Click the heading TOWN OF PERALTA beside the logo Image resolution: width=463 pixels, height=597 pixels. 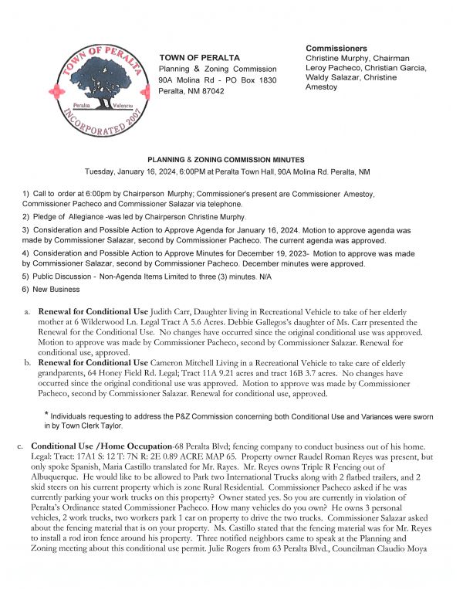pos(199,58)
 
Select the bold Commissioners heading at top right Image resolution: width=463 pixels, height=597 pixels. pos(337,48)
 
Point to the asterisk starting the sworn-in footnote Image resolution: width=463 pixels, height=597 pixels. pos(47,415)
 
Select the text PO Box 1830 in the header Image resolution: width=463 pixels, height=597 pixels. pos(252,80)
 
